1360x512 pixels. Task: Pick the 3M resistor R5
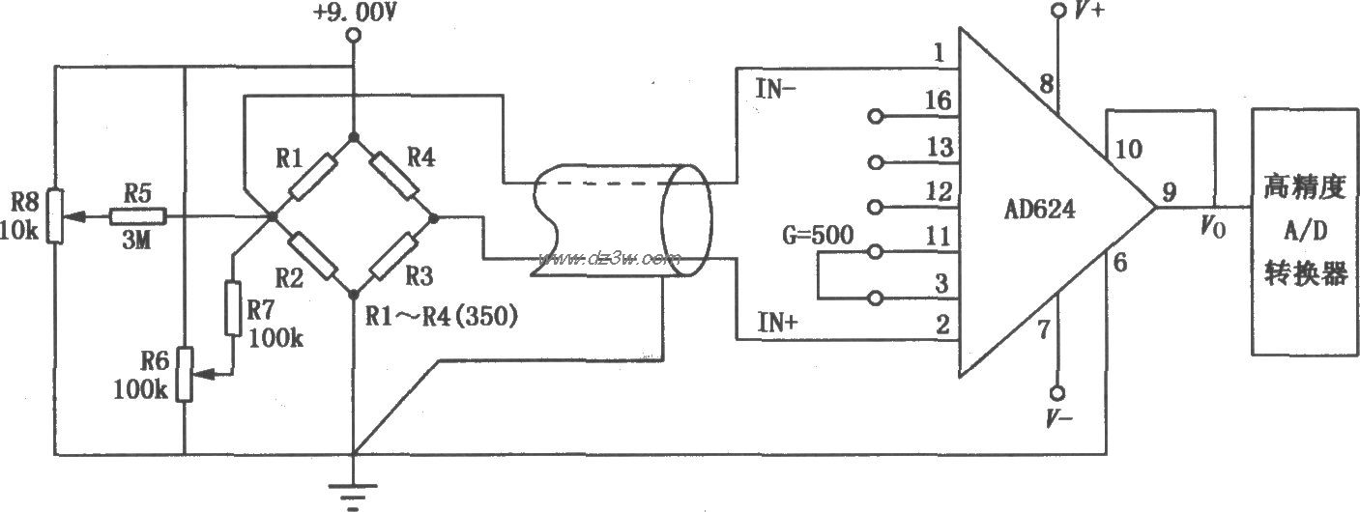coord(138,217)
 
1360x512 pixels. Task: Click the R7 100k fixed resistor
coord(233,307)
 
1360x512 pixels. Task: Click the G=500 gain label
coord(815,237)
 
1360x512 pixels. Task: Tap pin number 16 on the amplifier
coord(938,100)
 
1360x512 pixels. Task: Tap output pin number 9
coord(1169,192)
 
